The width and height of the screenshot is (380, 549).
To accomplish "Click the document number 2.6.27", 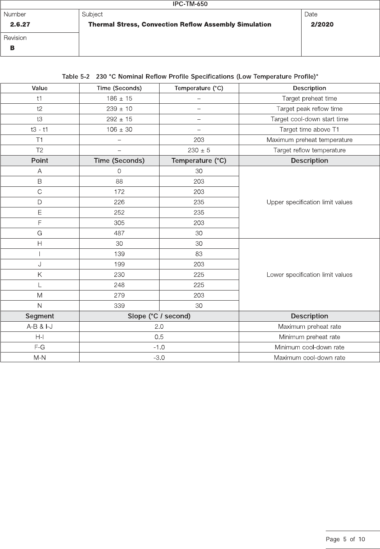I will pyautogui.click(x=20, y=25).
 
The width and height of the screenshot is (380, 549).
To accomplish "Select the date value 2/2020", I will pyautogui.click(x=322, y=25).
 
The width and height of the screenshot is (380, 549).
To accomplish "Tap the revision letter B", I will pyautogui.click(x=12, y=48).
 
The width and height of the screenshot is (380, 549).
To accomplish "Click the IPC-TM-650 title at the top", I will pyautogui.click(x=190, y=4).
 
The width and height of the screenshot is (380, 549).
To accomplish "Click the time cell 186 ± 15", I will pyautogui.click(x=119, y=99).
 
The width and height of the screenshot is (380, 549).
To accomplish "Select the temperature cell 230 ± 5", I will pyautogui.click(x=199, y=150).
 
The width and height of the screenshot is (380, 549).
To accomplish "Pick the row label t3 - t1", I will pyautogui.click(x=39, y=129).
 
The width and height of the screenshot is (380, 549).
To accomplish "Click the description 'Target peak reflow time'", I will pyautogui.click(x=309, y=109).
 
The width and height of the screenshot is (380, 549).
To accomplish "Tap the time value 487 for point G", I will pyautogui.click(x=119, y=233).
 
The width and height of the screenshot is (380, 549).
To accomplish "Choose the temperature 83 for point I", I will pyautogui.click(x=199, y=254).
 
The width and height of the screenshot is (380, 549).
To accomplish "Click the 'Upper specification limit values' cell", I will pyautogui.click(x=309, y=202).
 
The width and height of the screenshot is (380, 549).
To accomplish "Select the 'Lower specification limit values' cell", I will pyautogui.click(x=309, y=274).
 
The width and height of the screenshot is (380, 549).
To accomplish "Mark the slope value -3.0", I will pyautogui.click(x=159, y=358).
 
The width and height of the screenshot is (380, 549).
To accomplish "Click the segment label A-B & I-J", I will pyautogui.click(x=39, y=326).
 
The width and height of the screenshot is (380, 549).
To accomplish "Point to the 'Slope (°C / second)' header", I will pyautogui.click(x=159, y=316).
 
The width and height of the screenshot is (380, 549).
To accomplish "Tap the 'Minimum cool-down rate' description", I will pyautogui.click(x=309, y=347).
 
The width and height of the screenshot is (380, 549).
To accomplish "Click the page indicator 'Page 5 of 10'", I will pyautogui.click(x=345, y=539).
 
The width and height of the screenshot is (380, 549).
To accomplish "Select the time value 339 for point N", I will pyautogui.click(x=119, y=306).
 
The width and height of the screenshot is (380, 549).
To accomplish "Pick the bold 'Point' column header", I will pyautogui.click(x=39, y=161).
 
